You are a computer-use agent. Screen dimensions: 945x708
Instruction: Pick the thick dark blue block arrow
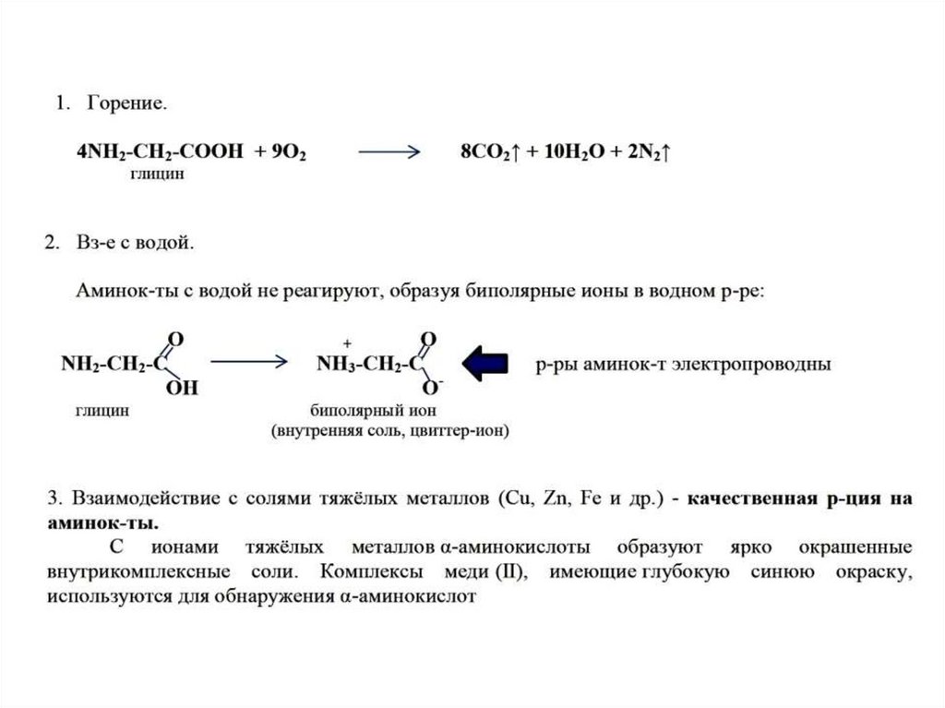485,364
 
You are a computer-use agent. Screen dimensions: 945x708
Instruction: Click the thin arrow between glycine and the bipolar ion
249,364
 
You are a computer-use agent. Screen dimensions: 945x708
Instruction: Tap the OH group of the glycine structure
182,388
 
